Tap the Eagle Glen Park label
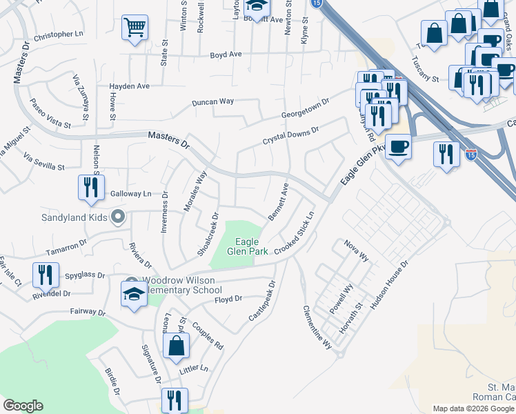247,246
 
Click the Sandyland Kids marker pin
118,217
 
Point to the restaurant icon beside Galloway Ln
91,188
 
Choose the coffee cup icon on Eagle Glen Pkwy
399,146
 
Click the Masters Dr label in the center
168,140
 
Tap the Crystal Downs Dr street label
290,135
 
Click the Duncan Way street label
212,101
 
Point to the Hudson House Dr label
390,283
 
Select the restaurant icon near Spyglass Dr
45,275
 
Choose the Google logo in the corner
23,406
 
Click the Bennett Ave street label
278,201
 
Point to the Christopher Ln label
59,34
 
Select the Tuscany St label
425,70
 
